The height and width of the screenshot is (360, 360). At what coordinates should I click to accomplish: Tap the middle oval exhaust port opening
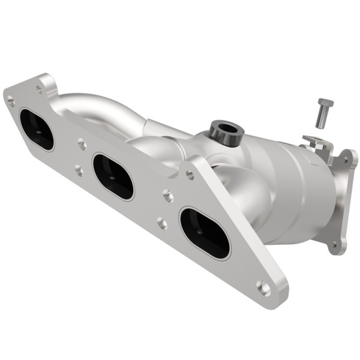[113, 176]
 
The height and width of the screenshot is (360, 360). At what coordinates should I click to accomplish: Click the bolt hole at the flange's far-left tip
[11, 102]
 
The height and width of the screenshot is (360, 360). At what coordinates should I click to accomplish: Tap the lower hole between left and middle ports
[79, 170]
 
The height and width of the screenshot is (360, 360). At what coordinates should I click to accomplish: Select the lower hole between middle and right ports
[162, 223]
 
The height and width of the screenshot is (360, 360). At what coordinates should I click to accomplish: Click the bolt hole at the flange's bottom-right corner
[264, 288]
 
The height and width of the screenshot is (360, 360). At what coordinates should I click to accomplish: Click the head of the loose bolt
[326, 103]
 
